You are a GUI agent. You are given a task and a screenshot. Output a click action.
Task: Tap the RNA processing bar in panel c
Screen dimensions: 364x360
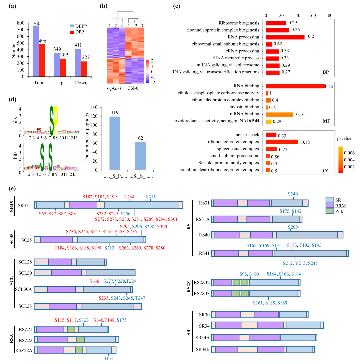pos(285,37)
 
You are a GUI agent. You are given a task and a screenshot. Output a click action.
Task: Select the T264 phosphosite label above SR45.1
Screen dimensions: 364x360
pos(129,197)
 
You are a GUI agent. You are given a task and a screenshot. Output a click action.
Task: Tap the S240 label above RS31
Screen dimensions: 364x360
pos(293,194)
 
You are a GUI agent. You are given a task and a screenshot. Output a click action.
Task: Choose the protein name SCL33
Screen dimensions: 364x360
pos(25,306)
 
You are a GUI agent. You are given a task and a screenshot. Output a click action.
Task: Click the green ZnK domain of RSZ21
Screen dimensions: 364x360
pos(71,329)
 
